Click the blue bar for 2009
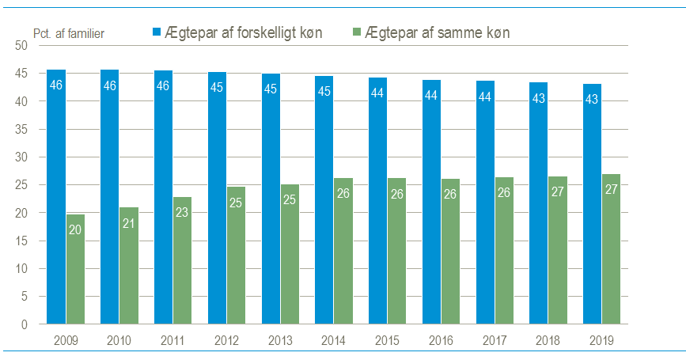(x=56, y=197)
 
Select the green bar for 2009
(x=75, y=269)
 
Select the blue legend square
(x=157, y=32)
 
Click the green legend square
(x=357, y=32)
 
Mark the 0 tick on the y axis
(x=25, y=324)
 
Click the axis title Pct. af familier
(x=69, y=33)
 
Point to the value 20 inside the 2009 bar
(x=75, y=229)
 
